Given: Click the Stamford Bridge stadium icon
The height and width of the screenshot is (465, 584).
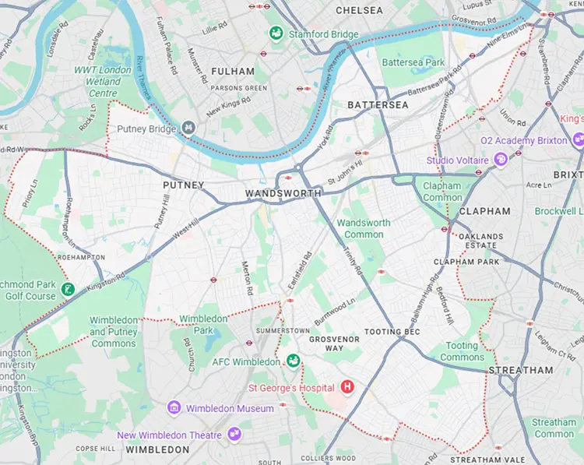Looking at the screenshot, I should pos(275,33).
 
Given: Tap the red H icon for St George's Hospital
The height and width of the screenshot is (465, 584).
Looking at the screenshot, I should pos(347,387).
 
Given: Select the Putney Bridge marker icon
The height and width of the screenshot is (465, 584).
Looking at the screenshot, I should pos(188,128).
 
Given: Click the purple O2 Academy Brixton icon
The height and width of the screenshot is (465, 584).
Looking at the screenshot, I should pos(578,140).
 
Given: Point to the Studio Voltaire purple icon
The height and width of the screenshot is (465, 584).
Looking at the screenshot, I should pos(499,160).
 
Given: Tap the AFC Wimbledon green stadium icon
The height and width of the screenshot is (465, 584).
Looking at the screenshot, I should pos(293,361).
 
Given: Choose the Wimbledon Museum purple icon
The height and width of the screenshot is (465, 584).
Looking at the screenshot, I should pos(174,408).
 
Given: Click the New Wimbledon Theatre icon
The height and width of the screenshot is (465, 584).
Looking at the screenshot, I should pos(234,435).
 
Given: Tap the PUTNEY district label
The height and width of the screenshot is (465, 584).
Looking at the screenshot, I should pos(183,185).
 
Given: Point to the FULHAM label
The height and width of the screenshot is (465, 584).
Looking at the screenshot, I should pos(231,71).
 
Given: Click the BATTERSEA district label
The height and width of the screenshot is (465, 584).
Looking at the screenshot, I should pos(378,104).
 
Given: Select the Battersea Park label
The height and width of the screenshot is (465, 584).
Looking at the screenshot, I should pos(413,62).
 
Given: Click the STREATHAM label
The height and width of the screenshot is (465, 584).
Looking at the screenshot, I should pos(520,370).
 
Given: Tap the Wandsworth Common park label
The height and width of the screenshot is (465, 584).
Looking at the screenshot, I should pos(364,228).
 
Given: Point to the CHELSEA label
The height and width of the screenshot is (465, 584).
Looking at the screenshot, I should pos(359,10).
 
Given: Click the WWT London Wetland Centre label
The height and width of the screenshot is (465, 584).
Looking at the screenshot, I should pos(103,81).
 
